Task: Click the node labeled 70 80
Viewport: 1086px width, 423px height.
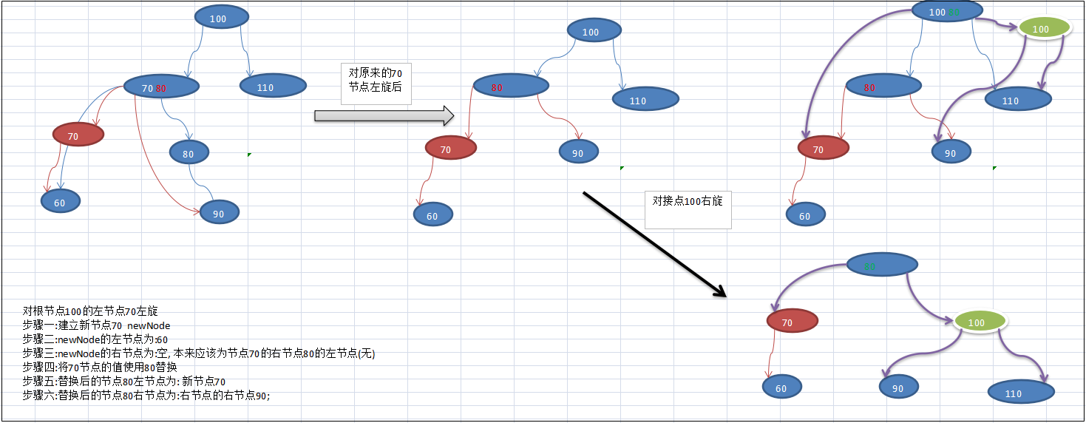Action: pos(161,88)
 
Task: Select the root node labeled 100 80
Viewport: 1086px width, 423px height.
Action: pos(947,12)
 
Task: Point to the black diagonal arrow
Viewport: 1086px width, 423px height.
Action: pos(655,245)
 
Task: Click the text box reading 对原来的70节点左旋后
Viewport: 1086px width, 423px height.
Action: pos(376,84)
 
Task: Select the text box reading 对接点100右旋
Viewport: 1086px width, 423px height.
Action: pos(688,206)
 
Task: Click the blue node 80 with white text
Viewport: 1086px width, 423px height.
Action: pos(189,154)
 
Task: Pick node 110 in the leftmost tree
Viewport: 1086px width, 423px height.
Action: pos(266,87)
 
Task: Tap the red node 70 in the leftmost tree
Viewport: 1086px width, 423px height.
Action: pos(78,135)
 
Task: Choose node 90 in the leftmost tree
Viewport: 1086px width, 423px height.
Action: pos(220,213)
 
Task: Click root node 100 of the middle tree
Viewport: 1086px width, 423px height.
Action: pos(594,31)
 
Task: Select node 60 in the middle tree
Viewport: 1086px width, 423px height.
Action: pos(433,215)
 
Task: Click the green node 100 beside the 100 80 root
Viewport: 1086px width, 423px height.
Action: pos(1044,29)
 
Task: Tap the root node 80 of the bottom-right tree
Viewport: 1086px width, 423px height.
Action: pos(881,265)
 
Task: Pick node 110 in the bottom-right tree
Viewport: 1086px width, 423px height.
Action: pos(1021,393)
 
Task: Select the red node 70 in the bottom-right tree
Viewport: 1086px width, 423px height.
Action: pos(792,322)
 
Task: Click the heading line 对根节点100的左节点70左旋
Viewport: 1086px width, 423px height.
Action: pos(90,311)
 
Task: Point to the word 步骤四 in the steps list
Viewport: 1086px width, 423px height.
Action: pos(39,368)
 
